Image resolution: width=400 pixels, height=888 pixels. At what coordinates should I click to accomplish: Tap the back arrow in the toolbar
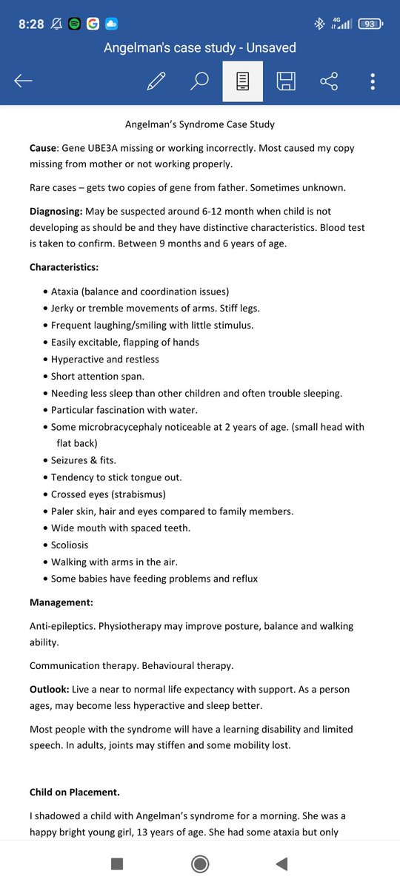click(x=23, y=81)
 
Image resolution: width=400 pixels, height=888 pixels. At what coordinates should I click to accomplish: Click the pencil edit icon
click(x=156, y=81)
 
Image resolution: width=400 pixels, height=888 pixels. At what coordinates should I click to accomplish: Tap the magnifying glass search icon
click(x=199, y=81)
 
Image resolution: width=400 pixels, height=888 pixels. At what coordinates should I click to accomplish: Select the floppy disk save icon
click(x=286, y=81)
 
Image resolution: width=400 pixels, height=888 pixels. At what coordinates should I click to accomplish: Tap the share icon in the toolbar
click(x=329, y=81)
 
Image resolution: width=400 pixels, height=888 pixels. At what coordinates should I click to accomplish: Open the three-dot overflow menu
click(x=373, y=81)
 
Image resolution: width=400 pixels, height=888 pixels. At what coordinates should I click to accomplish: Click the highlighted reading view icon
click(x=242, y=81)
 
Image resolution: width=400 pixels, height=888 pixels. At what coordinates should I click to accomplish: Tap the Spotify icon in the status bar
click(x=75, y=24)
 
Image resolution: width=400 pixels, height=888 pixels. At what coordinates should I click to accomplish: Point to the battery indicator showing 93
click(x=370, y=24)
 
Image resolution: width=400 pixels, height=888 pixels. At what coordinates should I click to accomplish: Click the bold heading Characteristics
click(x=64, y=266)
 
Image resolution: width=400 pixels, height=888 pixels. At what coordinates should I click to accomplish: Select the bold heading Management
click(x=61, y=602)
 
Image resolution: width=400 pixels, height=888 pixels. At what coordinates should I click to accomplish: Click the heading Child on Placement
click(x=74, y=792)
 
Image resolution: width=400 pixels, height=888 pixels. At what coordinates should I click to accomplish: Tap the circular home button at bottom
click(x=199, y=864)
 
